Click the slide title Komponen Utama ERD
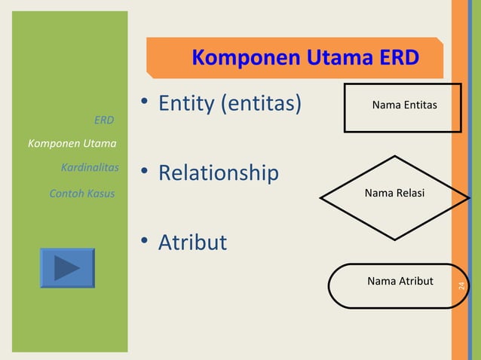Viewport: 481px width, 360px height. click(305, 58)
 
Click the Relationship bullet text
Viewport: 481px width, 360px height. click(218, 173)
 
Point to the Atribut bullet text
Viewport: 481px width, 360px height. click(192, 243)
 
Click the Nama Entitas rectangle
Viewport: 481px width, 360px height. click(403, 108)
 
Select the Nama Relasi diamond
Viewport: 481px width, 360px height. click(394, 197)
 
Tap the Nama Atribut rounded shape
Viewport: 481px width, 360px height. click(400, 285)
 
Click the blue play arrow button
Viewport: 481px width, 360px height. click(67, 268)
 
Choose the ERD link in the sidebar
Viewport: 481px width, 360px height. click(104, 121)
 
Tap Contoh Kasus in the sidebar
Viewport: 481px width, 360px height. click(81, 194)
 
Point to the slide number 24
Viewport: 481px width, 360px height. click(462, 286)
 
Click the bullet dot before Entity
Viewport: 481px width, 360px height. click(143, 106)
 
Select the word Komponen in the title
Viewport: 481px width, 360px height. click(237, 58)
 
